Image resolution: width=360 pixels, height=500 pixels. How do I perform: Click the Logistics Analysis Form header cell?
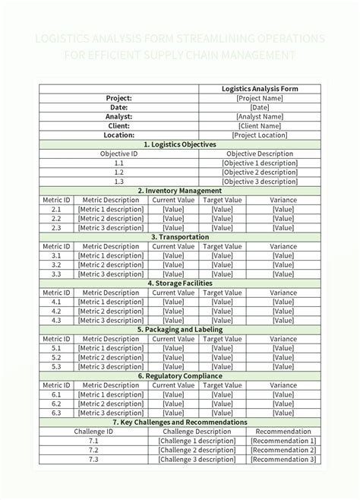pyautogui.click(x=259, y=89)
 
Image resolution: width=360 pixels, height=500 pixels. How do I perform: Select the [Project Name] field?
pyautogui.click(x=259, y=98)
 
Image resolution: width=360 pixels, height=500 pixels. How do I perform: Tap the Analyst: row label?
pyautogui.click(x=119, y=116)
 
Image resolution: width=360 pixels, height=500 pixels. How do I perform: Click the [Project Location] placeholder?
pyautogui.click(x=259, y=134)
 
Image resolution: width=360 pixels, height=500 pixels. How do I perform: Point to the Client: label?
pyautogui.click(x=119, y=125)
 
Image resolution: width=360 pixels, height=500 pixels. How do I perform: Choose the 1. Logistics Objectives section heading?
pyautogui.click(x=180, y=144)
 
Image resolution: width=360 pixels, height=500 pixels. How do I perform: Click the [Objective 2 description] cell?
pyautogui.click(x=259, y=172)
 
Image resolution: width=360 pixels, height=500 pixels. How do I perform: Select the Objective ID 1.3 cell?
pyautogui.click(x=119, y=182)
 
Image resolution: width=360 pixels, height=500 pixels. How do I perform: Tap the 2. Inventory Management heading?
pyautogui.click(x=180, y=191)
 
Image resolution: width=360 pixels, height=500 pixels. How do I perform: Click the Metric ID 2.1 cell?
pyautogui.click(x=57, y=209)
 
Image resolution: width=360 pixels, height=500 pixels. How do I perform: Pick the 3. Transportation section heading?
pyautogui.click(x=180, y=237)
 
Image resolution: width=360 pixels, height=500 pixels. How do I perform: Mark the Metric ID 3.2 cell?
pyautogui.click(x=57, y=264)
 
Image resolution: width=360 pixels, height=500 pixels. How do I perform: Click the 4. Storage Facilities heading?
pyautogui.click(x=180, y=283)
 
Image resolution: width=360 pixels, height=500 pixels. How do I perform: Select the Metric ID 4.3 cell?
pyautogui.click(x=57, y=320)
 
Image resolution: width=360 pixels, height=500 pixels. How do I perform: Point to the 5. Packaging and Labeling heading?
pyautogui.click(x=180, y=330)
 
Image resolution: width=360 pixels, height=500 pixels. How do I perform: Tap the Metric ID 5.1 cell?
pyautogui.click(x=57, y=348)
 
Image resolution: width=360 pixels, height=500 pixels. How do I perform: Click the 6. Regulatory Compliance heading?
pyautogui.click(x=180, y=376)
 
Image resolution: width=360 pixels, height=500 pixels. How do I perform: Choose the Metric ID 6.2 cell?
pyautogui.click(x=57, y=403)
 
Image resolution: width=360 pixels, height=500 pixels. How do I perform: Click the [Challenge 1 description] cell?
pyautogui.click(x=196, y=441)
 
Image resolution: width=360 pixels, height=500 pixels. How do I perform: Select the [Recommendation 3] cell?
pyautogui.click(x=283, y=459)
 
